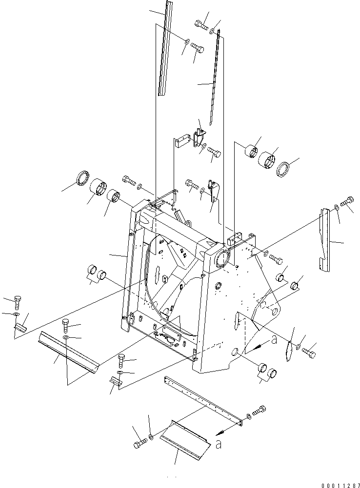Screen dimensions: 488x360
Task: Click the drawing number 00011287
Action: [337, 483]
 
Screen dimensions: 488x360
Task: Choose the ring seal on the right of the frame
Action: [283, 170]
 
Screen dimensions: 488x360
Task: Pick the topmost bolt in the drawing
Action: [200, 22]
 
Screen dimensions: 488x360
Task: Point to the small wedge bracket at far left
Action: [20, 327]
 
